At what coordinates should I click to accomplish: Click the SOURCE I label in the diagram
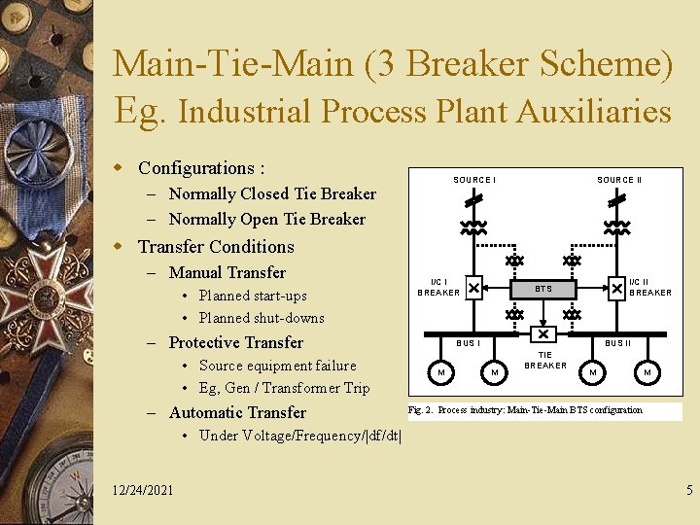474,180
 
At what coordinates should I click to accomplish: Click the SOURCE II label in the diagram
618,180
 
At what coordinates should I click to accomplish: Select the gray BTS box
543,289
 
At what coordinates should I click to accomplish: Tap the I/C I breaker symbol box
472,288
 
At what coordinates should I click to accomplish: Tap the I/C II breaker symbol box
616,288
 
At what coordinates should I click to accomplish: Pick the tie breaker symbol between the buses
543,333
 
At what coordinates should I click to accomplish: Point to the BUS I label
468,343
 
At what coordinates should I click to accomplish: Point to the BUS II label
617,343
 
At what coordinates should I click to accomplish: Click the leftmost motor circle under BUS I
441,372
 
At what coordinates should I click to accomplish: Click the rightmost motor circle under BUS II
646,372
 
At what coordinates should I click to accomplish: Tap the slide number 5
689,490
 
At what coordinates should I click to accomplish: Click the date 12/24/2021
143,490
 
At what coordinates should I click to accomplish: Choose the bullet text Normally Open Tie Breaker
266,219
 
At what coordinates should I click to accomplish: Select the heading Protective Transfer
235,342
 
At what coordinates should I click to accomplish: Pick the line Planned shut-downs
262,318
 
